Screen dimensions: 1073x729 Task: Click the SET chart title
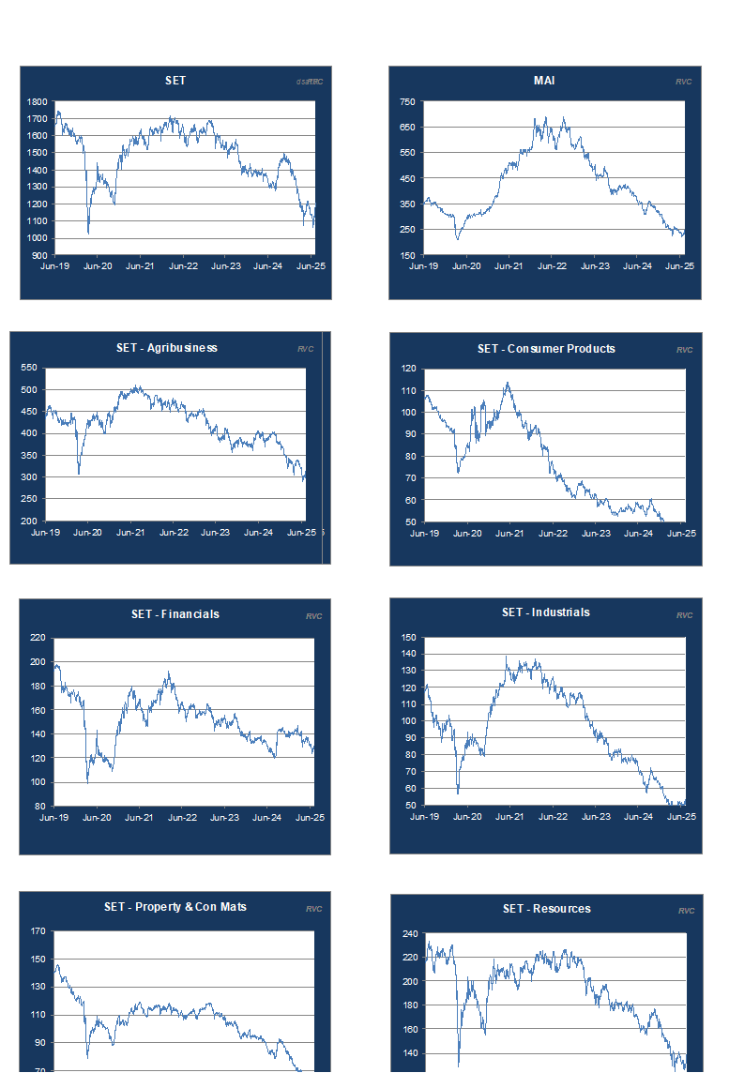[175, 81]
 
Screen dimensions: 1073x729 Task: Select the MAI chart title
[544, 81]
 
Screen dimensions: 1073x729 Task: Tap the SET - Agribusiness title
[167, 348]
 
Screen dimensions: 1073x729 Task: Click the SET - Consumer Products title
[546, 349]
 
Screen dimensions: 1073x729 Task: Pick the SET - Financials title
[175, 614]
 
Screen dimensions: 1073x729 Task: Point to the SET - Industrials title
[546, 612]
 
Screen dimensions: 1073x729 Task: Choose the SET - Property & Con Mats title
[175, 907]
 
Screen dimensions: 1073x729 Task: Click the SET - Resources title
[547, 909]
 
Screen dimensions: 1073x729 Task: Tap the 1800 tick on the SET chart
[38, 102]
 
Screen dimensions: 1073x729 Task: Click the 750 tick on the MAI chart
[407, 102]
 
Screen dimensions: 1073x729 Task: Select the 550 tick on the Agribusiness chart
[29, 369]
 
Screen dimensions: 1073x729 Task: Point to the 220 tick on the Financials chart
[38, 639]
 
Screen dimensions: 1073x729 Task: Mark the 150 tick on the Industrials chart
[408, 638]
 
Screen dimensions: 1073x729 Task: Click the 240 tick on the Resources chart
[408, 934]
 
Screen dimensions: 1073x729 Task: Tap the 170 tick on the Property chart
[38, 932]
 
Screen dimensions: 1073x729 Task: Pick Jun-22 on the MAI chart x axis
[552, 266]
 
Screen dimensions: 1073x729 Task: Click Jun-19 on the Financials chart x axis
[54, 818]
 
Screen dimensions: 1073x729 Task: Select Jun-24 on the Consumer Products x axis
[638, 534]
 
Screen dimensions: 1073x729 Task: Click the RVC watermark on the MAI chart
[683, 82]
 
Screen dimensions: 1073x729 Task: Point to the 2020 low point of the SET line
[88, 232]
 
